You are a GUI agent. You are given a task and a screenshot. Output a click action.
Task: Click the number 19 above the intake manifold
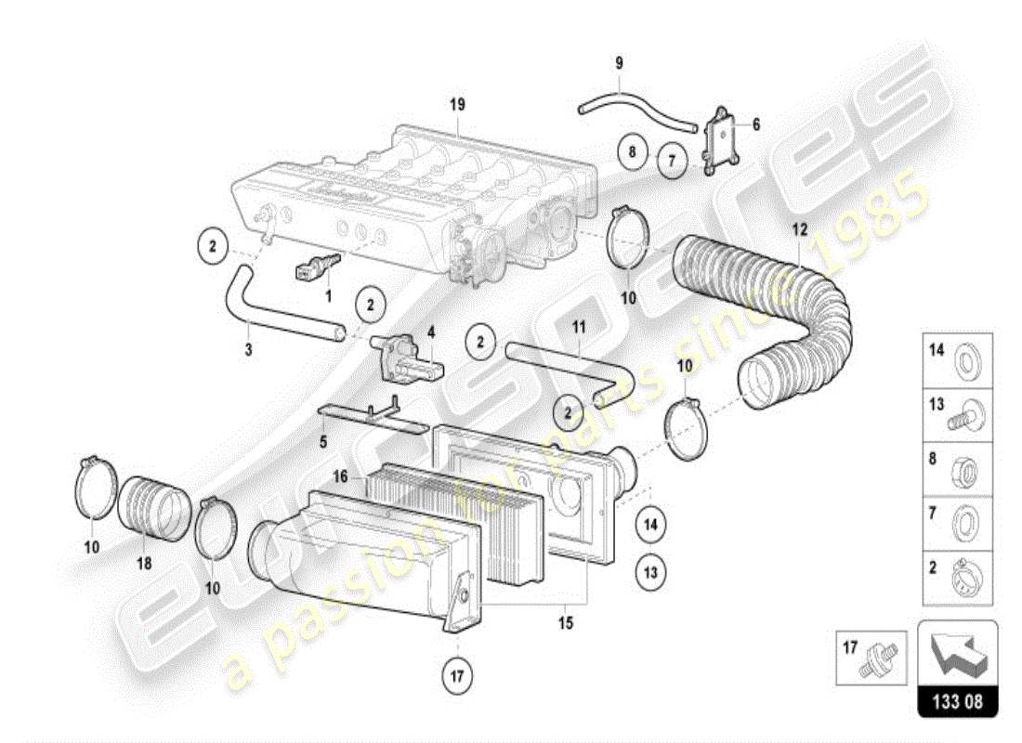[456, 105]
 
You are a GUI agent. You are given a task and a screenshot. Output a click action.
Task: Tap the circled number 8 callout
[632, 150]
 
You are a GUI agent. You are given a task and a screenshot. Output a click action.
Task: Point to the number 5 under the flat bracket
[323, 441]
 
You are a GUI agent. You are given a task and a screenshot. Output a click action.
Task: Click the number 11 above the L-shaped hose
[578, 328]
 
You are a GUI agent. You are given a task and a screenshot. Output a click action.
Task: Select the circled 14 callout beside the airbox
[650, 525]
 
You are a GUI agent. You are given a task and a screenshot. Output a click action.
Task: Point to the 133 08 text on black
[957, 703]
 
